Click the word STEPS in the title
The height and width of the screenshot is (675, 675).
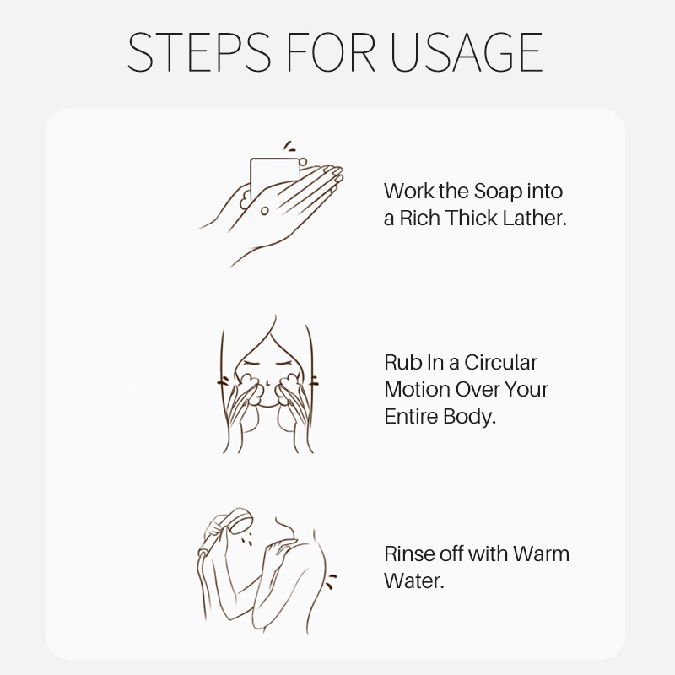[199, 52]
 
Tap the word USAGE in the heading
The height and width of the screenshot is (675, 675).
[467, 52]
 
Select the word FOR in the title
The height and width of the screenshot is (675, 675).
[331, 52]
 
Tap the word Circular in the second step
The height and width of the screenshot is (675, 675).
[500, 363]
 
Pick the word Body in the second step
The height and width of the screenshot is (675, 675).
[469, 417]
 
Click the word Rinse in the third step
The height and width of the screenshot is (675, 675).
[409, 554]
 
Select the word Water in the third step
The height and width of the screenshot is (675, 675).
[413, 580]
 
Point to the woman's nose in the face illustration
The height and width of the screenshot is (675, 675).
[267, 382]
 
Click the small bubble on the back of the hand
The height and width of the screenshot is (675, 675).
[264, 210]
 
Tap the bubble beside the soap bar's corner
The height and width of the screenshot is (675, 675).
[303, 162]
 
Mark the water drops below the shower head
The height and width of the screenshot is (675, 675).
[246, 539]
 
